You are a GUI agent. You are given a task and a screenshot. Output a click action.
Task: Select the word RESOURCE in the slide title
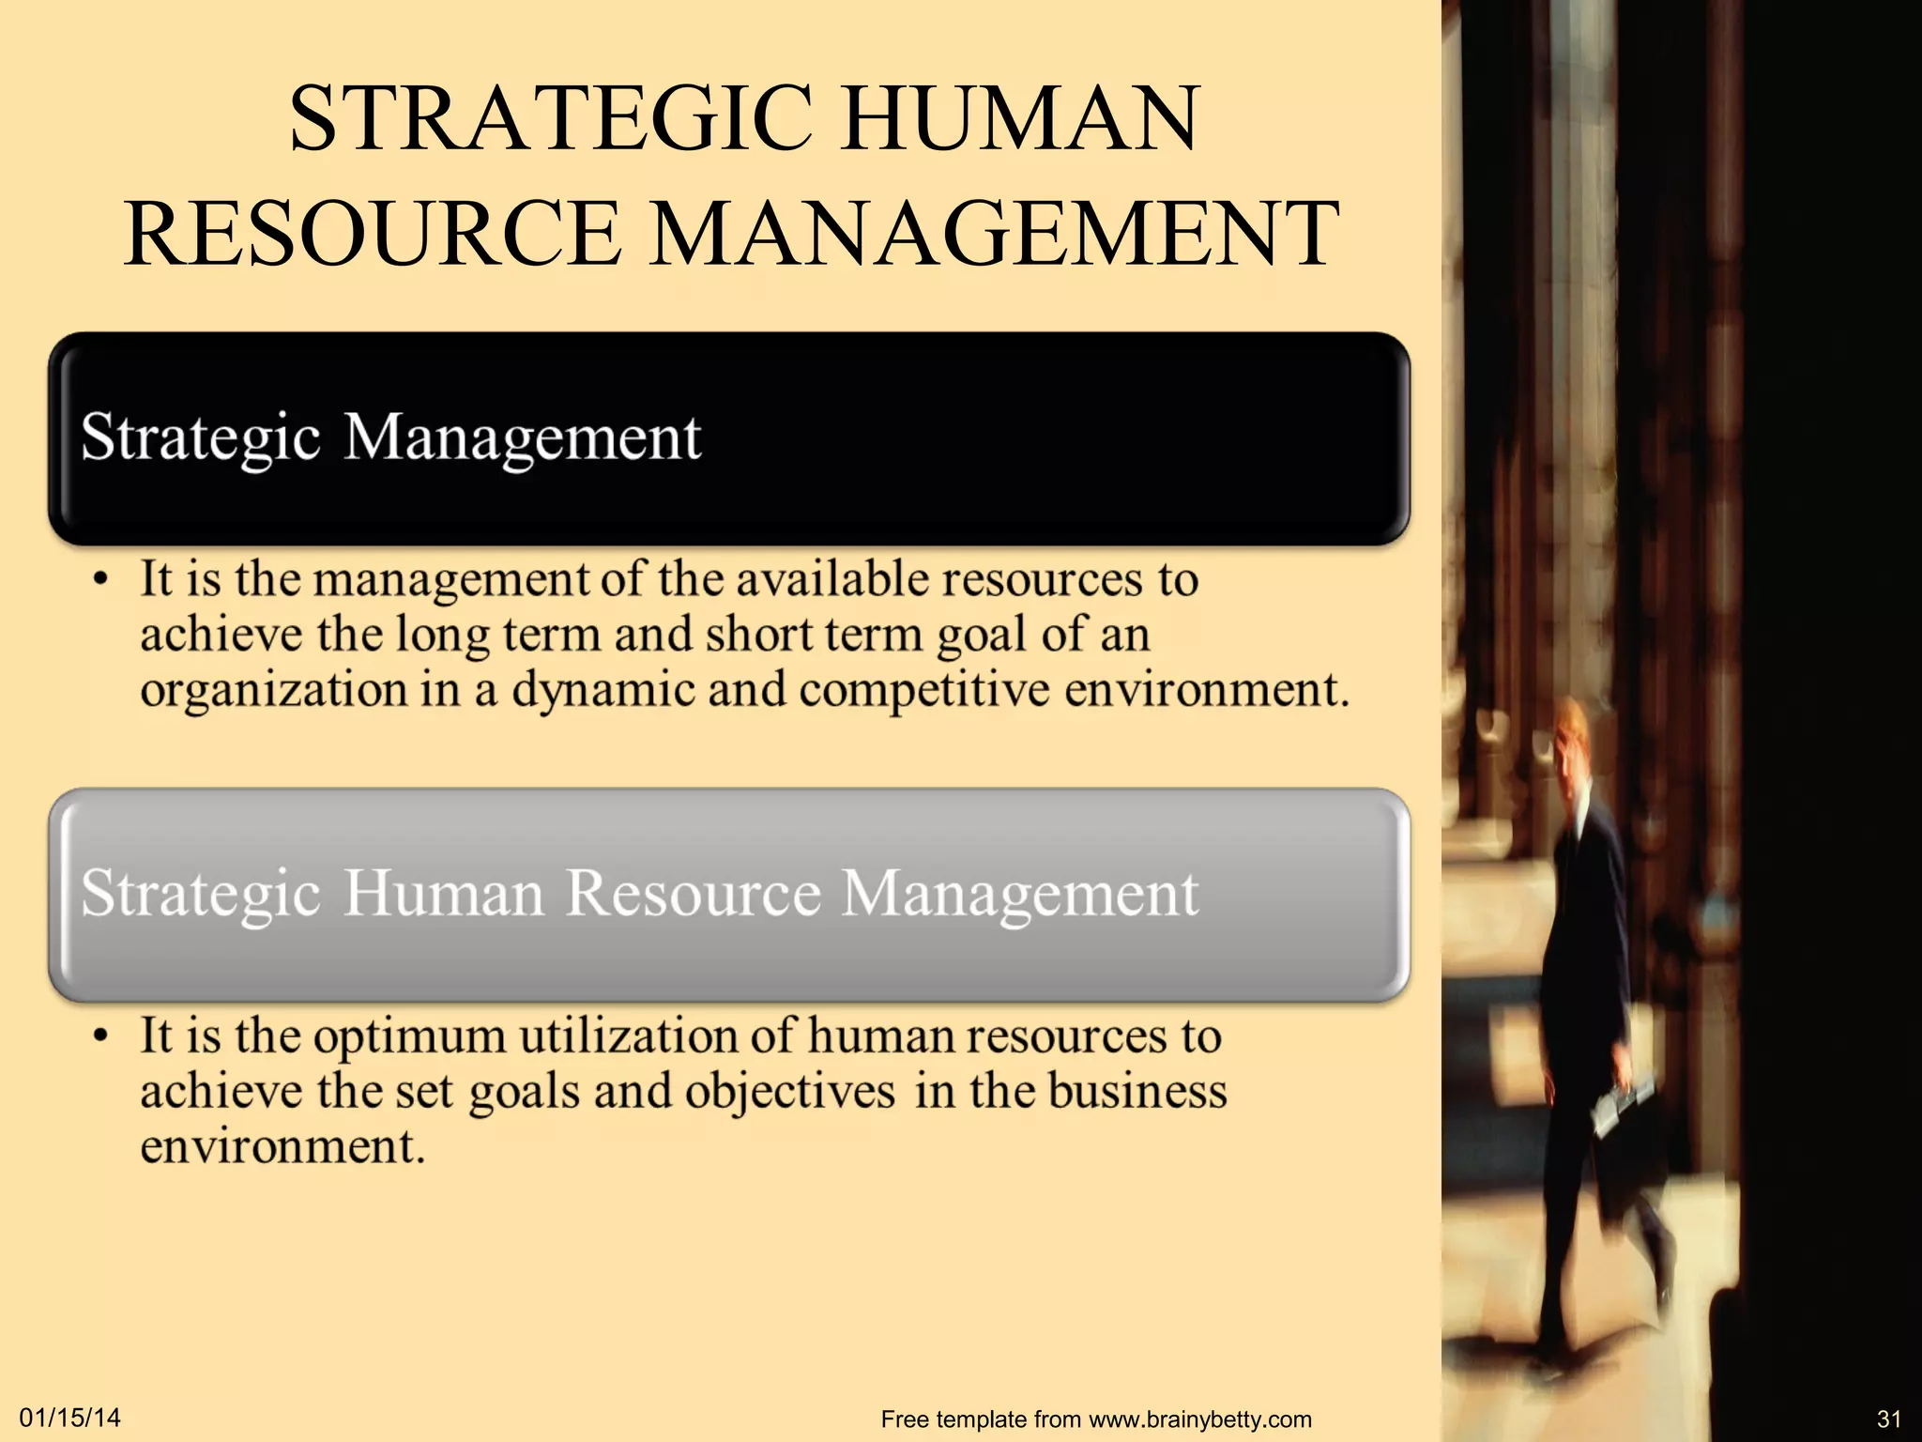coord(373,234)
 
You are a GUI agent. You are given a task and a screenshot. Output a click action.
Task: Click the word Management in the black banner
coord(523,438)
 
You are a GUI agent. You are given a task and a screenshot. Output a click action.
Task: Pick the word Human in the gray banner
coord(443,893)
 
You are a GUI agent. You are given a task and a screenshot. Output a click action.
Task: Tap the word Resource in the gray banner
coord(693,893)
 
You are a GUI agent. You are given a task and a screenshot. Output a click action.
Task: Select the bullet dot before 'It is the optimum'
coord(99,1035)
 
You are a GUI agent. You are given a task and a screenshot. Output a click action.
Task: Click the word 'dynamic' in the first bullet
coord(602,691)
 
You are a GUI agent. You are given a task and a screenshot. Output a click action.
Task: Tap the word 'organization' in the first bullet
coord(273,691)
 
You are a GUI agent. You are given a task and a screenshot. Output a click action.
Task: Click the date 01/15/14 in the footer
coord(70,1418)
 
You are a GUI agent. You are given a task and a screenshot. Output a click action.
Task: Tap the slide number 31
coord(1888,1419)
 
